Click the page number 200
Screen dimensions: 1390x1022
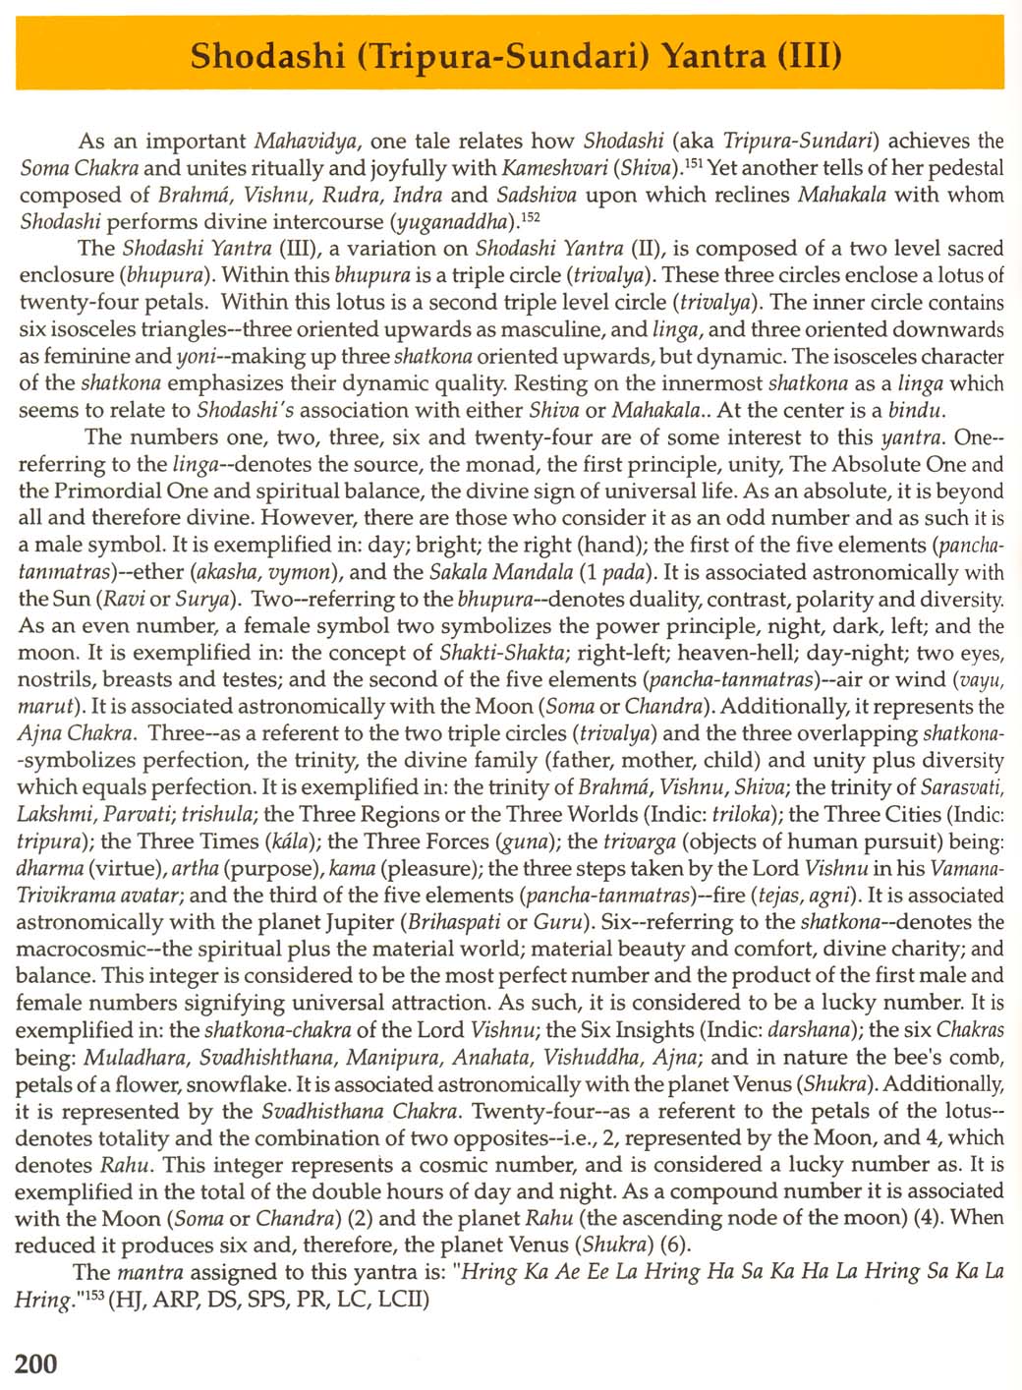tap(36, 1362)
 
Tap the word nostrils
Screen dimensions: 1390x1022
tap(55, 680)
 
